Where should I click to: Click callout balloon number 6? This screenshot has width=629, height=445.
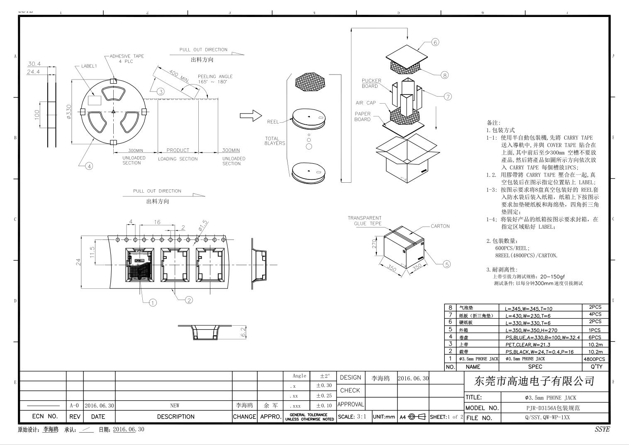coord(435,42)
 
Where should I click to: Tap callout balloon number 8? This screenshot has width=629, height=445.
coord(444,75)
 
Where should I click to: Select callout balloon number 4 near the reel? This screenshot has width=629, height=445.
coord(89,166)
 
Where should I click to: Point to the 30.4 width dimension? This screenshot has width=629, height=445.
coord(34,64)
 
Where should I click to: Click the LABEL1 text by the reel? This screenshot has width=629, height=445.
coord(89,66)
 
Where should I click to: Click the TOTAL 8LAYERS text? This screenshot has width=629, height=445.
coord(275,141)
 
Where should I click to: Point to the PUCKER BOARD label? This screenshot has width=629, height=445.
coord(371,83)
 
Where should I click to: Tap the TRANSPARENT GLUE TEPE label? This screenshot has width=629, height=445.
coord(365,220)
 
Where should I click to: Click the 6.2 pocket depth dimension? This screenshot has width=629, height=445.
coord(244,331)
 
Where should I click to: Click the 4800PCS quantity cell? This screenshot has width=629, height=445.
coord(594,359)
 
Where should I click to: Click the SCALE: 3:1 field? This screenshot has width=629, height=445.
coord(352,417)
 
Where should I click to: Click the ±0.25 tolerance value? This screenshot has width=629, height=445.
coord(324,396)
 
